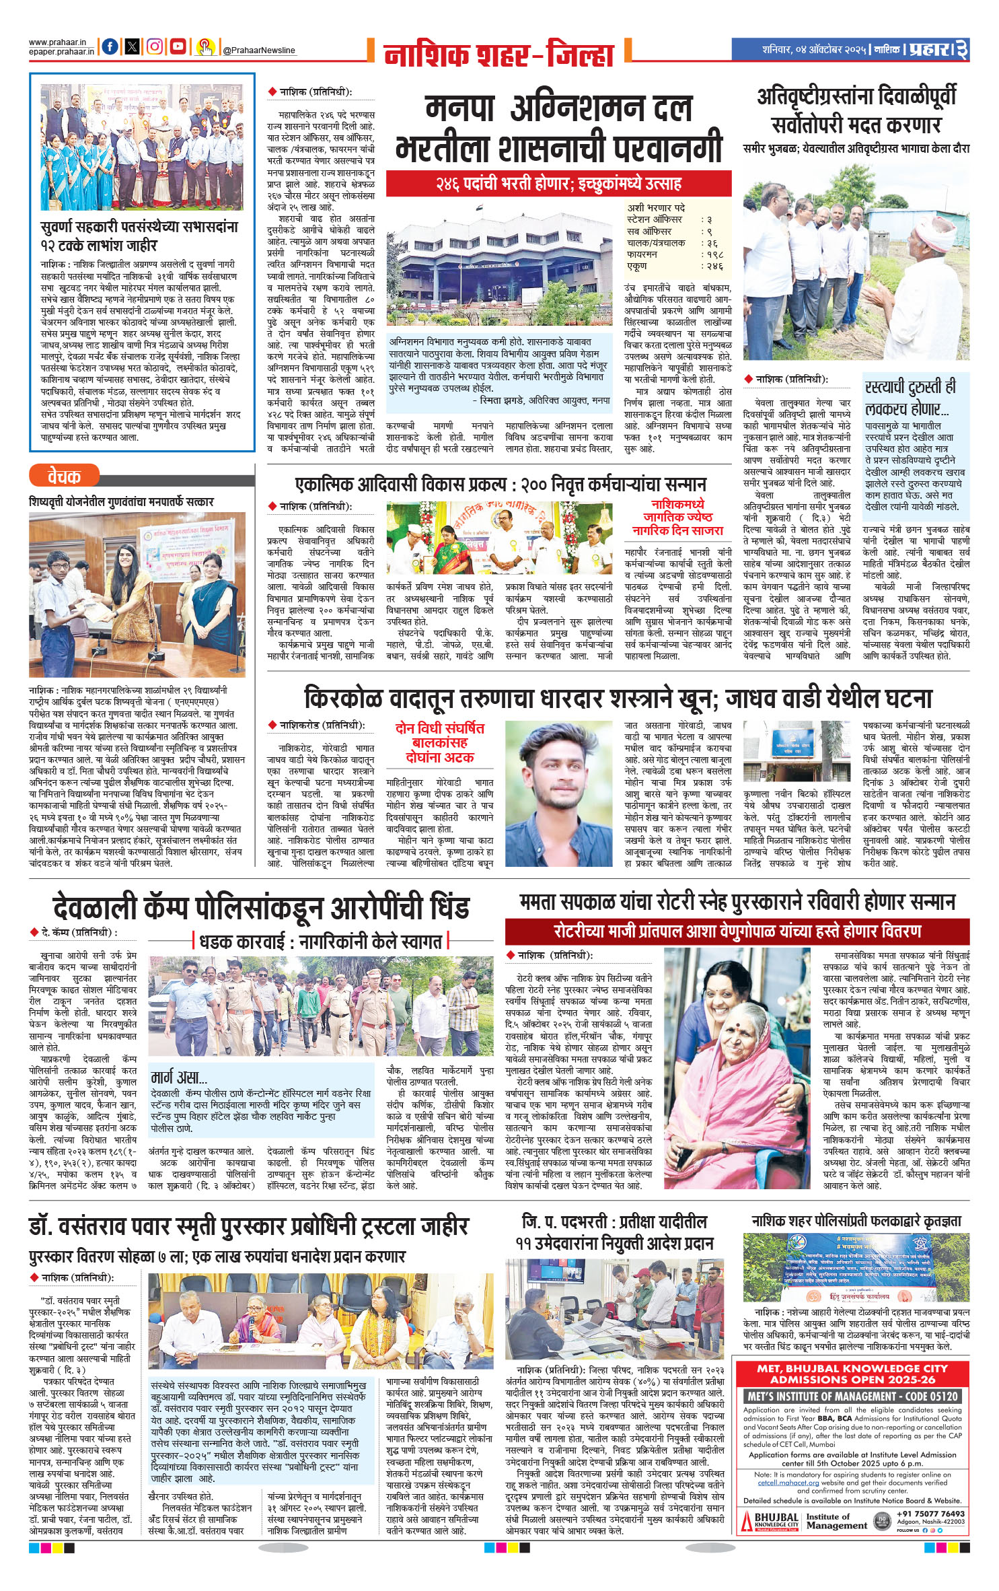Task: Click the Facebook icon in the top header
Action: coord(110,46)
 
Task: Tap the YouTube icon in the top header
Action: coord(178,46)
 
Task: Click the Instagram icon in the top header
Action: coord(155,46)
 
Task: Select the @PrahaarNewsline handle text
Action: coord(258,50)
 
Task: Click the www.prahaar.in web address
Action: coord(61,42)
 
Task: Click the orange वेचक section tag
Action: coord(64,476)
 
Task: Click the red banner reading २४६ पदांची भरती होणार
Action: coord(558,183)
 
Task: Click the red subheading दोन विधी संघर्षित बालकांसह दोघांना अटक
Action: coord(440,742)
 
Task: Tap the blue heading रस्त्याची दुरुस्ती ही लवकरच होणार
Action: coord(910,397)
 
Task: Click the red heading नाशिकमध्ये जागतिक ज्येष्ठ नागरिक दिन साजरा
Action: coord(677,517)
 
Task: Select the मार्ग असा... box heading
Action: coord(180,1076)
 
